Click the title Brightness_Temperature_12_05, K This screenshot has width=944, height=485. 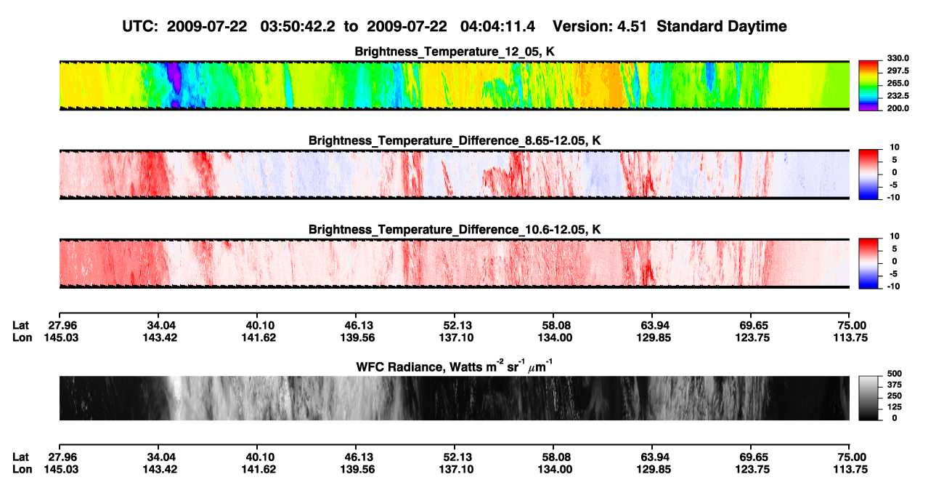(x=455, y=52)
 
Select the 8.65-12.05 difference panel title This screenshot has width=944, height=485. (x=455, y=140)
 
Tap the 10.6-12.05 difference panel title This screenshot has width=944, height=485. (x=455, y=230)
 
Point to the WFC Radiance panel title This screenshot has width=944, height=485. (x=455, y=366)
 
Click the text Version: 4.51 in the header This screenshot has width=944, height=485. (x=599, y=27)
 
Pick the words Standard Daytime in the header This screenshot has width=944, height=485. (x=722, y=27)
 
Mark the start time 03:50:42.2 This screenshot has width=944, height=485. (x=298, y=27)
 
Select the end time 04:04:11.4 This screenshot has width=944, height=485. (x=497, y=27)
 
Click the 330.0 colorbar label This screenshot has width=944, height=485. (x=898, y=58)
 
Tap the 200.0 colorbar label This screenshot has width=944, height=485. (x=898, y=108)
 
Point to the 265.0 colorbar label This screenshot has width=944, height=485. (x=898, y=83)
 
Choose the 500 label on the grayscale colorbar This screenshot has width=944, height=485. (x=895, y=374)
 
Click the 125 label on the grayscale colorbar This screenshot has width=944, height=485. (x=895, y=407)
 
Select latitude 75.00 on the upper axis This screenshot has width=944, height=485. (x=850, y=326)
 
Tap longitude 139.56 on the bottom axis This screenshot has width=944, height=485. (x=357, y=470)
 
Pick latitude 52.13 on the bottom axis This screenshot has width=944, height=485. (x=456, y=457)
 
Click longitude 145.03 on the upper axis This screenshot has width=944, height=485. (x=61, y=337)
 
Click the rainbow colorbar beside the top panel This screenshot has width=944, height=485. (x=868, y=85)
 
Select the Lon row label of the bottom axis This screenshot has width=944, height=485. (x=22, y=470)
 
